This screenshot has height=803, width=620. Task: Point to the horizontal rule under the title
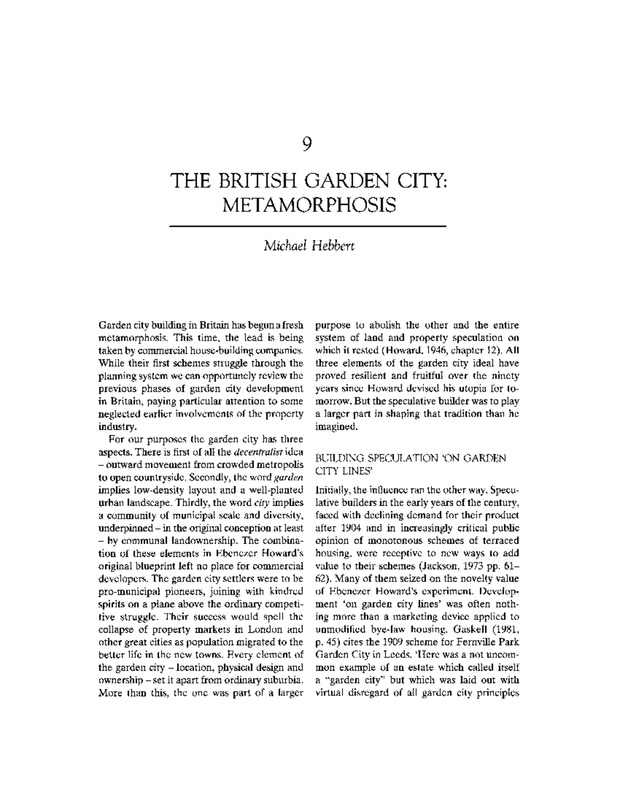308,226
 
